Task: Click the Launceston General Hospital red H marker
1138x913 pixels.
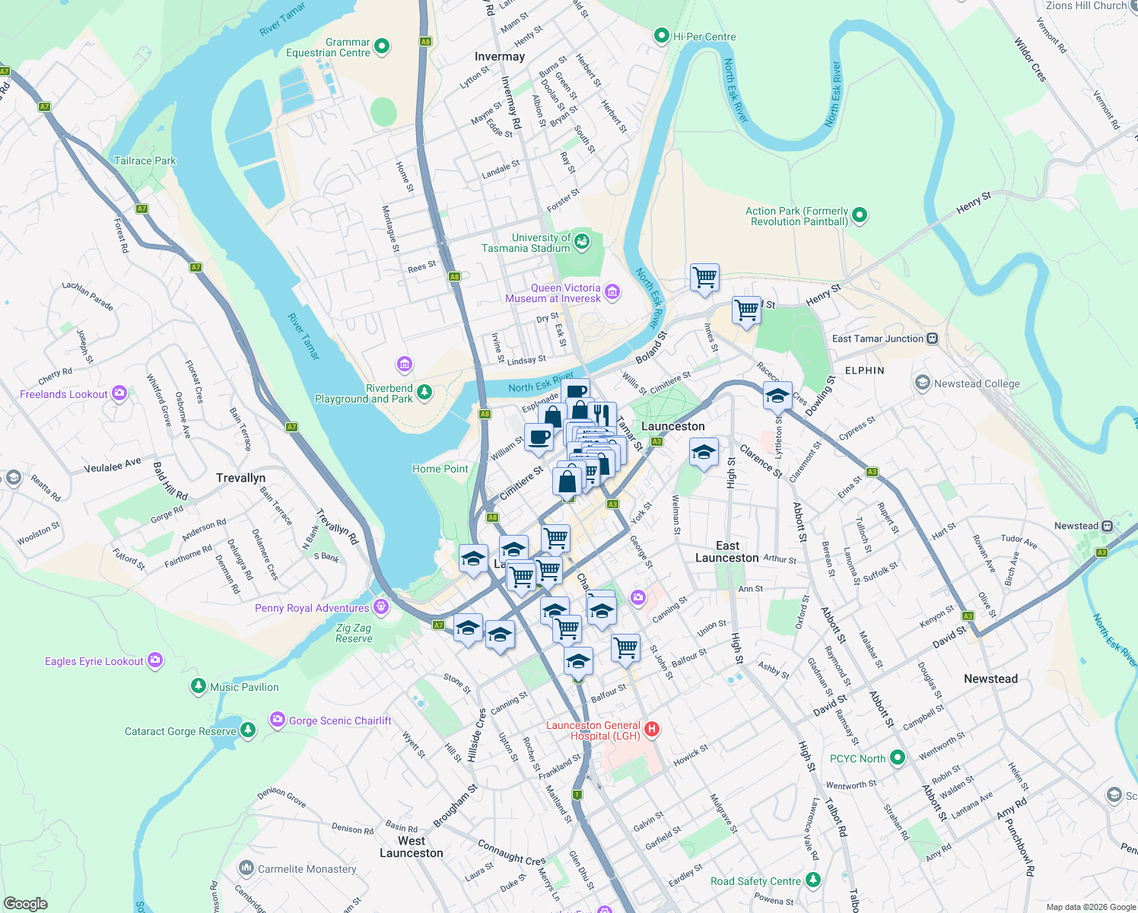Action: pos(651,730)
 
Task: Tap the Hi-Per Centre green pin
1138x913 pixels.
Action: pos(662,36)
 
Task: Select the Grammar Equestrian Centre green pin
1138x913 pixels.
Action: pos(382,47)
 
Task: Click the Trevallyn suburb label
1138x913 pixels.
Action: pos(240,478)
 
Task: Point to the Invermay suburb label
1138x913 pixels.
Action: pos(500,56)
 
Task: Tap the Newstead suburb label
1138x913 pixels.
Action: pos(990,679)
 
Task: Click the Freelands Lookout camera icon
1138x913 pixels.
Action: pos(119,393)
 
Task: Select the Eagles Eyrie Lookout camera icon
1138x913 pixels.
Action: pos(155,660)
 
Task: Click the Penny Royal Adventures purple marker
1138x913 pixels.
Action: pos(381,607)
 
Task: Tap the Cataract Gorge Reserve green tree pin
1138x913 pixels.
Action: pos(248,730)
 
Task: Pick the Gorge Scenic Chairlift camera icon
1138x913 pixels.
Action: pos(277,720)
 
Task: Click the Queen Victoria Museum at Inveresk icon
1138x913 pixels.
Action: pos(612,292)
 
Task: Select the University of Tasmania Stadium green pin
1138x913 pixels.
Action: pos(582,242)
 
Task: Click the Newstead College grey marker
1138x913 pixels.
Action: pos(923,383)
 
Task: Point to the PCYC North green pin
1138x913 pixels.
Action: pos(898,758)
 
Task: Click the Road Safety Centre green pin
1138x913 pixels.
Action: pos(813,880)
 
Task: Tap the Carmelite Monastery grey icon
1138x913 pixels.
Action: pos(246,868)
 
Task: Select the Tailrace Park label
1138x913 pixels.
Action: pos(145,161)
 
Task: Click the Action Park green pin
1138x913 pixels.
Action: pos(860,215)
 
